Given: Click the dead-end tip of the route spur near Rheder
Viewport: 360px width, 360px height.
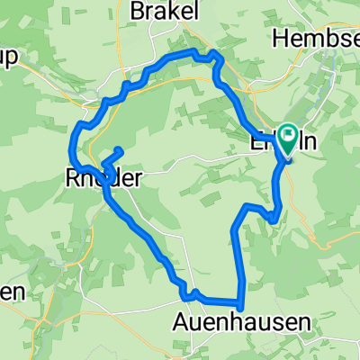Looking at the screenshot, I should tap(120, 148).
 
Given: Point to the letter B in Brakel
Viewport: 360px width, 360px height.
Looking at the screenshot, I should tap(138, 11).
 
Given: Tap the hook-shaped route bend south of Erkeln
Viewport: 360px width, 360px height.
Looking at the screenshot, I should tap(273, 212).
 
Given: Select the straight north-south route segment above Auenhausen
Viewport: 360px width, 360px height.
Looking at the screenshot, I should tap(237, 261).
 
